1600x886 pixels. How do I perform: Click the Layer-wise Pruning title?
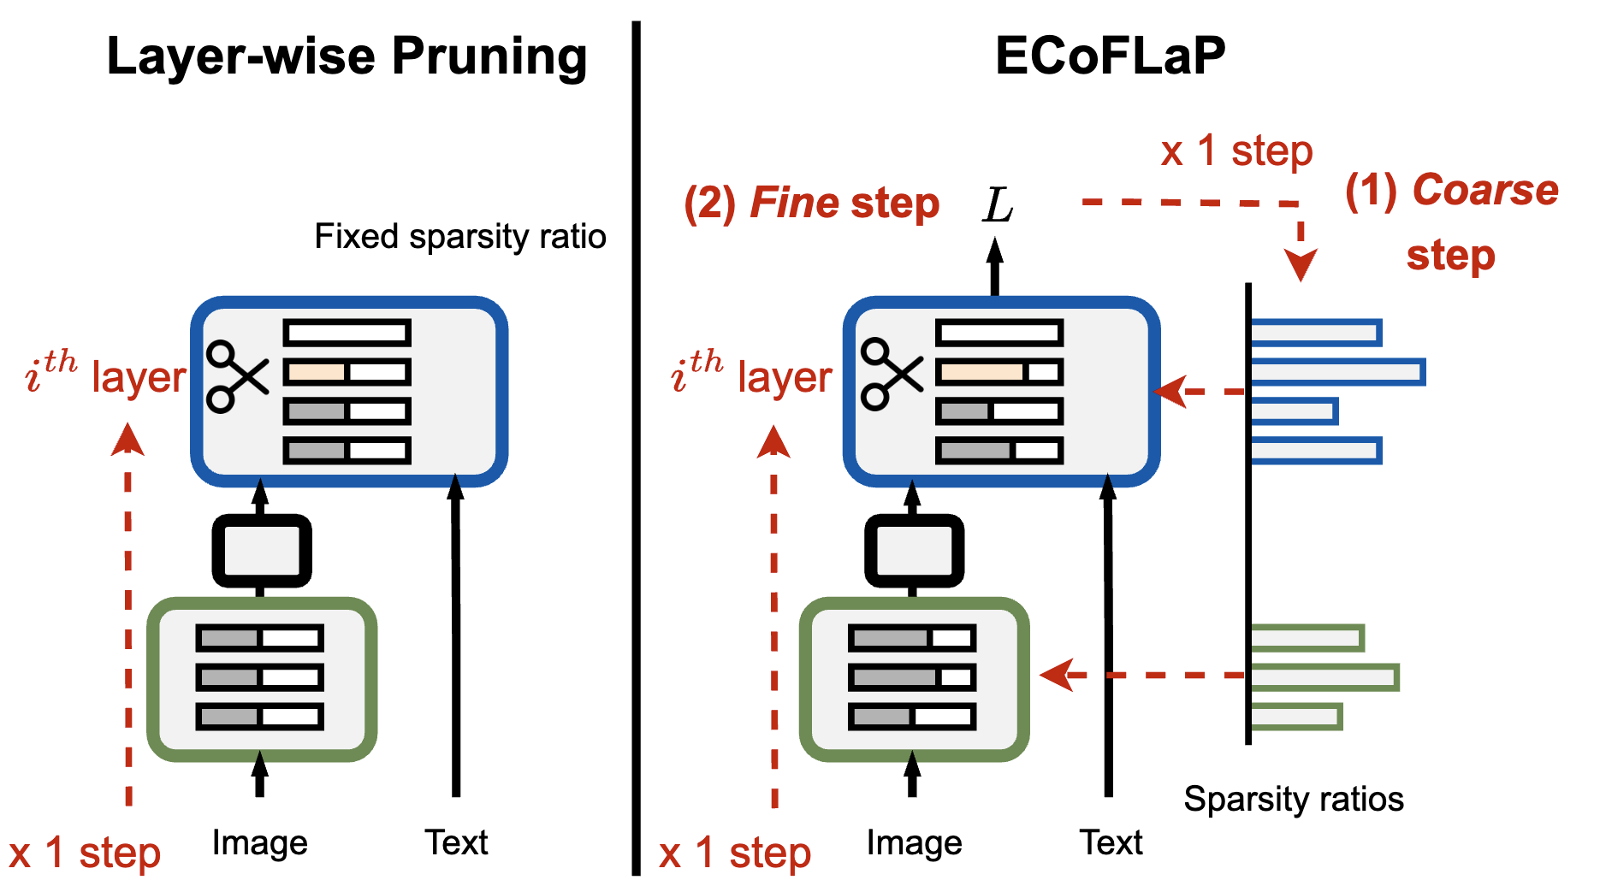coord(347,56)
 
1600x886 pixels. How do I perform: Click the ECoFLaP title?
coord(1110,56)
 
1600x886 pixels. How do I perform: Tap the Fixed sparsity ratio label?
coord(460,236)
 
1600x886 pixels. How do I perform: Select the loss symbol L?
coord(998,205)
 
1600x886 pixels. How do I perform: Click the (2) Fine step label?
coord(811,204)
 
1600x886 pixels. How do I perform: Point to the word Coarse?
coord(1485,190)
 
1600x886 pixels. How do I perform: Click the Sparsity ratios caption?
coord(1293,799)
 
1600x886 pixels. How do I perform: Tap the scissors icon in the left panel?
coord(237,376)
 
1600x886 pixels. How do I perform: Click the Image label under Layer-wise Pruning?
coord(259,843)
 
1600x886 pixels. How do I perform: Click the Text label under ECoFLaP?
coord(1110,843)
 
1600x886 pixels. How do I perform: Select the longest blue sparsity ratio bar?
coord(1336,372)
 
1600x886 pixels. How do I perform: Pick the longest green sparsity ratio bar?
coord(1324,677)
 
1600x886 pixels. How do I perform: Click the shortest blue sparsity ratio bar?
coord(1293,411)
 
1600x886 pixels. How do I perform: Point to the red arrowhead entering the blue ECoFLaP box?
coord(1170,392)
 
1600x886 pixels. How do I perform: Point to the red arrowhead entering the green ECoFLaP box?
coord(1056,676)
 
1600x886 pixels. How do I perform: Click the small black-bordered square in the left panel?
coord(261,551)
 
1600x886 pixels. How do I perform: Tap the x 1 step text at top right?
coord(1236,151)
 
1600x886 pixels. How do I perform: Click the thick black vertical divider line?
coord(636,445)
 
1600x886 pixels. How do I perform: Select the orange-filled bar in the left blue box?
coord(316,372)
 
